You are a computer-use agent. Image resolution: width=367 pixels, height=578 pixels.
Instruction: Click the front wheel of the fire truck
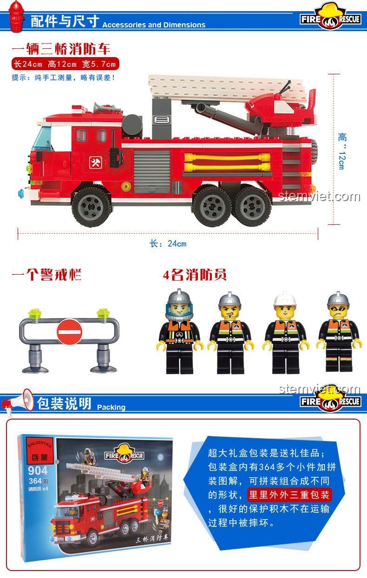tap(92, 206)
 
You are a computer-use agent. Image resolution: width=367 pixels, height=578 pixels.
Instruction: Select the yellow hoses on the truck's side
tap(227, 162)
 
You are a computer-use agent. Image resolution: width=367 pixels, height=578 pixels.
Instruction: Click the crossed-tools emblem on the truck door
tap(95, 163)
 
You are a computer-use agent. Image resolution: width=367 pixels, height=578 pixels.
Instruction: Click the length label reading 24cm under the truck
tap(168, 243)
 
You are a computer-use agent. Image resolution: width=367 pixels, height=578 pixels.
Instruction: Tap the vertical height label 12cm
tap(342, 151)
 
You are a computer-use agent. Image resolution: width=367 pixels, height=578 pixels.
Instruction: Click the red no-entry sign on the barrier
tap(69, 332)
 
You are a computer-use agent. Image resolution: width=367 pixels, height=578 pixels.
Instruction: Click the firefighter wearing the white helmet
tap(285, 333)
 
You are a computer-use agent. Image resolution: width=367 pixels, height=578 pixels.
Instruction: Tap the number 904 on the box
tap(38, 471)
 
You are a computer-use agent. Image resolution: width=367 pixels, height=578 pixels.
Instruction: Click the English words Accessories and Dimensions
tap(154, 25)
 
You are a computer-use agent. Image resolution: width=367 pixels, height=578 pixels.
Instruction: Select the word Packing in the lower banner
tap(111, 407)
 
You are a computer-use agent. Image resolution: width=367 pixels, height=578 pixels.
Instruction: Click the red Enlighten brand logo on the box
tap(40, 451)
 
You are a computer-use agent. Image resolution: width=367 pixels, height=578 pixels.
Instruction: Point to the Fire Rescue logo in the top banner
tap(330, 17)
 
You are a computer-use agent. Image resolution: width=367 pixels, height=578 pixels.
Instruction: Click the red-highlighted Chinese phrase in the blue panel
tap(289, 495)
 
